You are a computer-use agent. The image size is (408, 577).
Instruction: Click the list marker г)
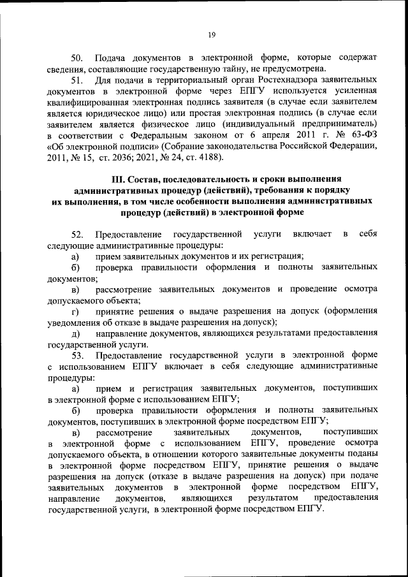75,312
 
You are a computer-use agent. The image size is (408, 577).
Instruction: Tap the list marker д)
75,334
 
